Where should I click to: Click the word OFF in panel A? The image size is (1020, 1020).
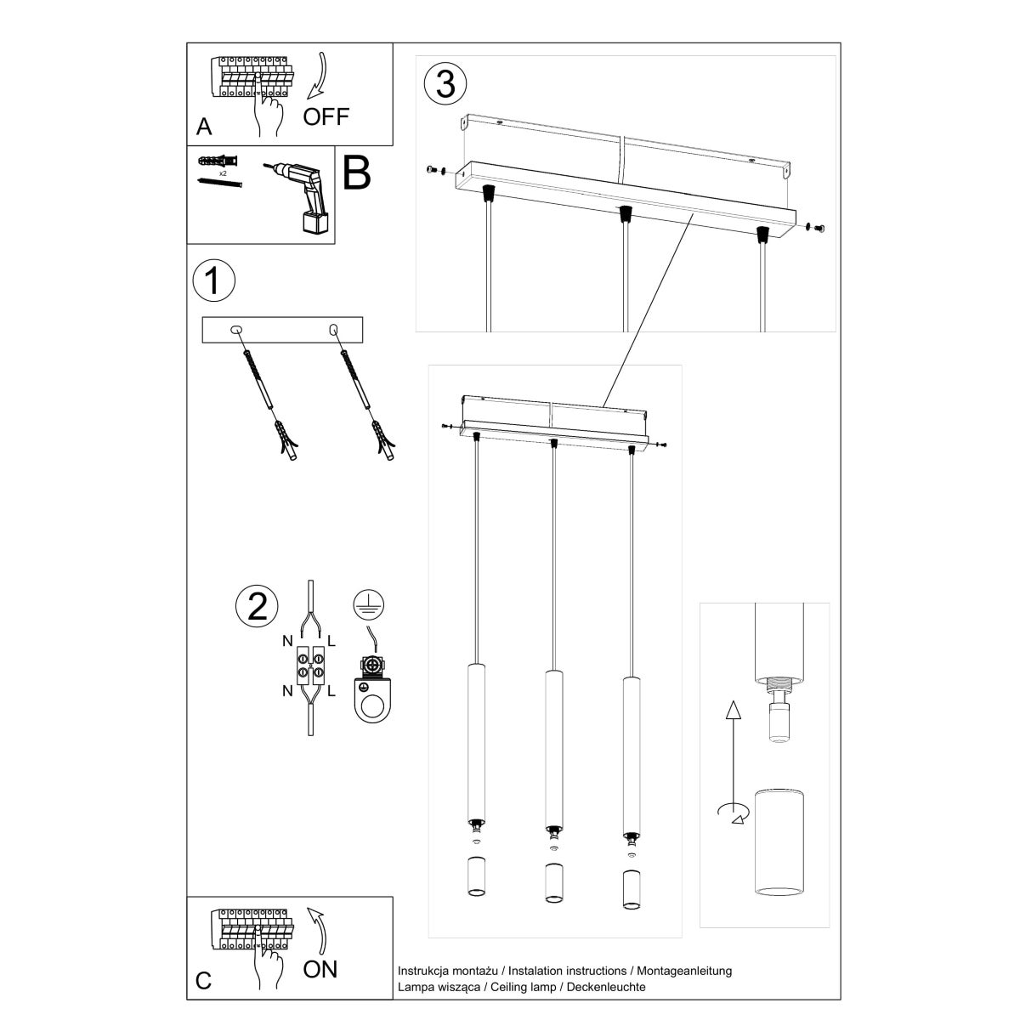pyautogui.click(x=326, y=116)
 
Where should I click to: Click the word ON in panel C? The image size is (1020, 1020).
pyautogui.click(x=320, y=968)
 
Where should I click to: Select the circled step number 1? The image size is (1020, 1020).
pyautogui.click(x=213, y=281)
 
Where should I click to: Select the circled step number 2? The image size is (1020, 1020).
pyautogui.click(x=256, y=605)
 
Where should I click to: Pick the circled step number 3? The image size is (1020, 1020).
pyautogui.click(x=445, y=84)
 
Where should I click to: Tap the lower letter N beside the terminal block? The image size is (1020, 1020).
pyautogui.click(x=286, y=690)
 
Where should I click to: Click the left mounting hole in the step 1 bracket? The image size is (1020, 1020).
pyautogui.click(x=236, y=328)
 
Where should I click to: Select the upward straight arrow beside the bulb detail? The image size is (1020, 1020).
pyautogui.click(x=730, y=739)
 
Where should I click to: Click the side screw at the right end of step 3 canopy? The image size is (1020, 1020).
pyautogui.click(x=819, y=227)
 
